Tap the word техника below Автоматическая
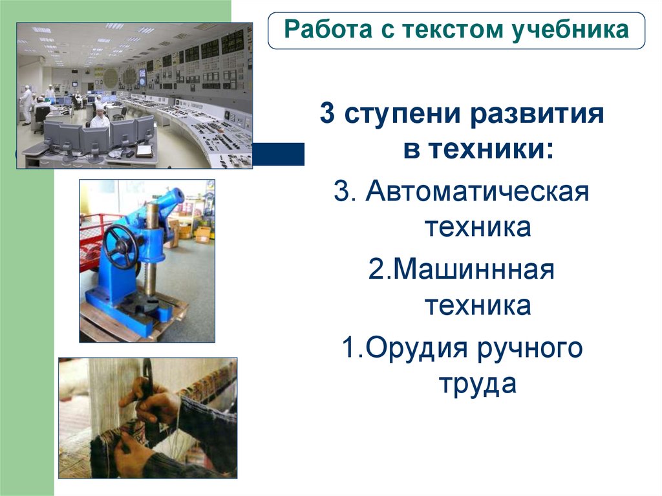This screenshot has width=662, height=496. pos(478,228)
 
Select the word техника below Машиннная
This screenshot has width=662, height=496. pos(478,305)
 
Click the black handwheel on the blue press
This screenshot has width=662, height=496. pos(120,246)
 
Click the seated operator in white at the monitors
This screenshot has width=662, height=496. pos(100,118)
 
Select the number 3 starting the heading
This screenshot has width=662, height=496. pos(327,116)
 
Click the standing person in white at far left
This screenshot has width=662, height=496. pos(27,103)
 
